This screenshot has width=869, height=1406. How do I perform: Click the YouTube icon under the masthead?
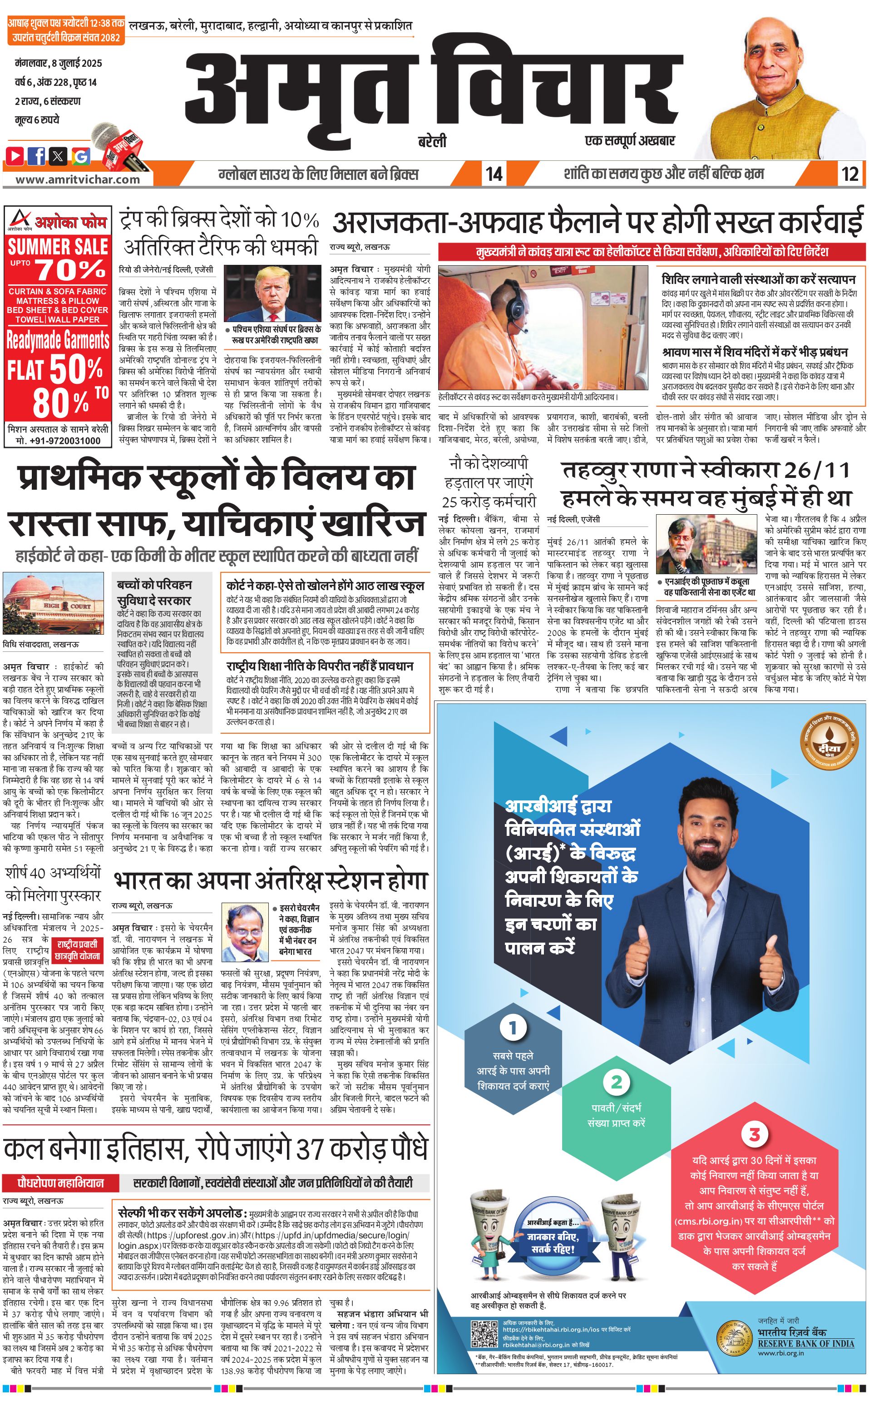point(15,155)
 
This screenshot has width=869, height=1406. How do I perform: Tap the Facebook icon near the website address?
point(37,155)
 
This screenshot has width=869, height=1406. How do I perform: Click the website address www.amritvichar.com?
point(78,179)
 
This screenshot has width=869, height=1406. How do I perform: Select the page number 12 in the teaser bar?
point(850,174)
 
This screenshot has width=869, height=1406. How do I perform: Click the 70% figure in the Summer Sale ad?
point(71,268)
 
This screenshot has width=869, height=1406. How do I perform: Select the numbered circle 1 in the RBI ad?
point(513,1028)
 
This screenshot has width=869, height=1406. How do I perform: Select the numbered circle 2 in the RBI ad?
point(616,1082)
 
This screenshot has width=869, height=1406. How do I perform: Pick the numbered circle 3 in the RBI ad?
point(754,1134)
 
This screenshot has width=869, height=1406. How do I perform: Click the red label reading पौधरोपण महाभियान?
point(61,1183)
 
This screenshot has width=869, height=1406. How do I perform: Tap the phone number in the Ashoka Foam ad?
point(58,441)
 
